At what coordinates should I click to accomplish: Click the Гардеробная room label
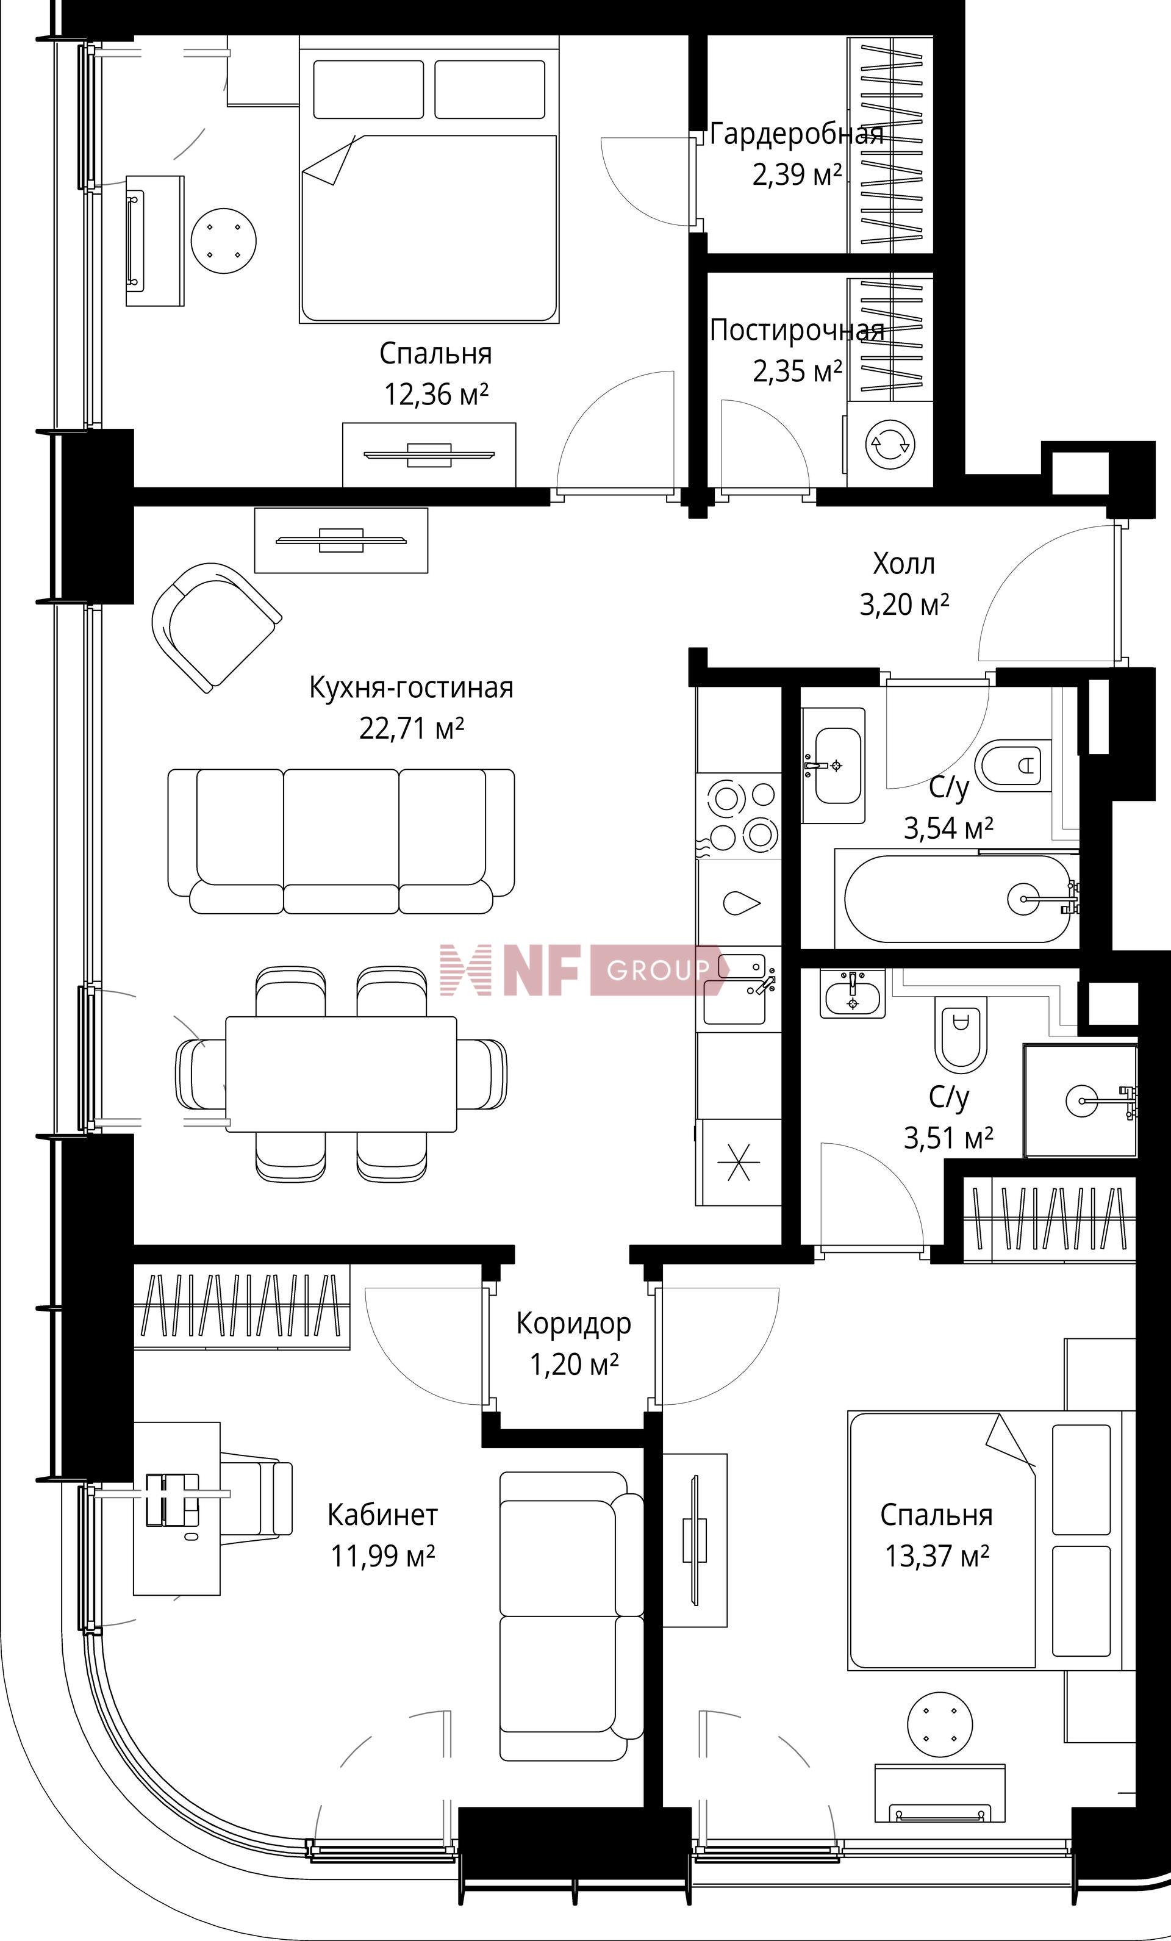[796, 135]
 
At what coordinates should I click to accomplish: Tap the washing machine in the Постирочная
[890, 444]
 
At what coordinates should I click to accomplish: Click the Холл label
[904, 564]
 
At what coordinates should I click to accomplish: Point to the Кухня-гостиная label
[411, 687]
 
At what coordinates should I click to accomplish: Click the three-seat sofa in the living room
[341, 841]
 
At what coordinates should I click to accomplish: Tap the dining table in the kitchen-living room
[341, 1074]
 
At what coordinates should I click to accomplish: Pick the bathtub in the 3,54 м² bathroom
[957, 898]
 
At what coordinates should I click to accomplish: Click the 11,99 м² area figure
[384, 1557]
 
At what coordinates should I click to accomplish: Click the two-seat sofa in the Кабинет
[571, 1605]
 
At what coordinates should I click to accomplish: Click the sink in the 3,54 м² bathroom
[833, 765]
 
